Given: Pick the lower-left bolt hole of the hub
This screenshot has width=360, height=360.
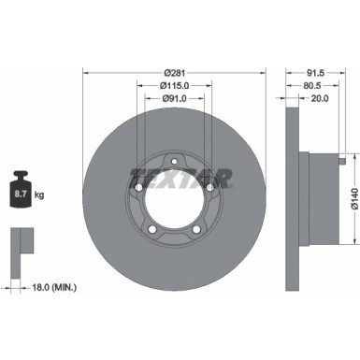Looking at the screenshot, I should coord(152,228).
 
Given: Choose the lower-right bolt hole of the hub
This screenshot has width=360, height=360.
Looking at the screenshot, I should coord(194,228).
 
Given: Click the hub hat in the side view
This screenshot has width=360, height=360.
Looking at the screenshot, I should coord(318,200).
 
